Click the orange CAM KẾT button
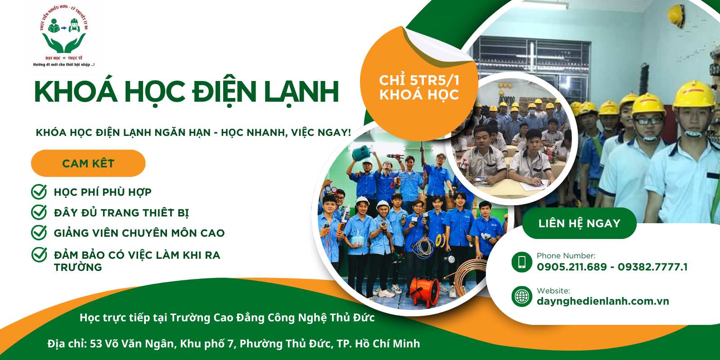[x=88, y=163]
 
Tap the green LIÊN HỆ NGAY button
[x=579, y=223]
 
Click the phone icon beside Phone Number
[x=522, y=262]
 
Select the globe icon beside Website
[x=522, y=297]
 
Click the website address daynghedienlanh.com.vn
[x=603, y=301]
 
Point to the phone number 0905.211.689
[x=571, y=267]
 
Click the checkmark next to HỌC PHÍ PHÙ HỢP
[x=39, y=192]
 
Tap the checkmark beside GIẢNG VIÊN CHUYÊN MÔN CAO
[x=39, y=233]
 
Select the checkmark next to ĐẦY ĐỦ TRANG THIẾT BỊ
[x=39, y=212]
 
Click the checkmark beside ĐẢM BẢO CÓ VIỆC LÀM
[x=39, y=255]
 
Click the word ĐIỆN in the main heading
[x=224, y=92]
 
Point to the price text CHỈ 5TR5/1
[x=419, y=81]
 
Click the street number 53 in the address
[x=96, y=344]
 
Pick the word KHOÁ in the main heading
[x=76, y=92]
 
